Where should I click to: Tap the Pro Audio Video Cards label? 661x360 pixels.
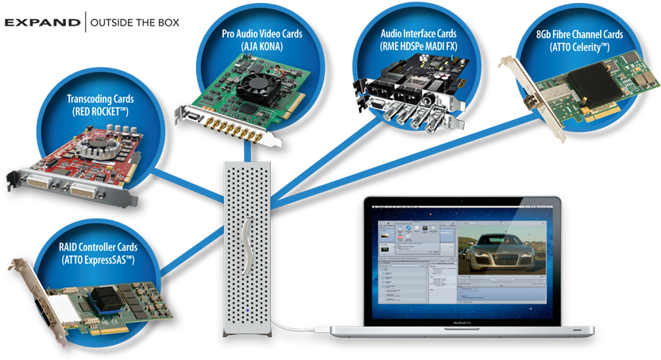(261, 40)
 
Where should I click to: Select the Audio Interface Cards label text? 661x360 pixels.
(418, 40)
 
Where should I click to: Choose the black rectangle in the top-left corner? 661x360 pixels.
(99, 21)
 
